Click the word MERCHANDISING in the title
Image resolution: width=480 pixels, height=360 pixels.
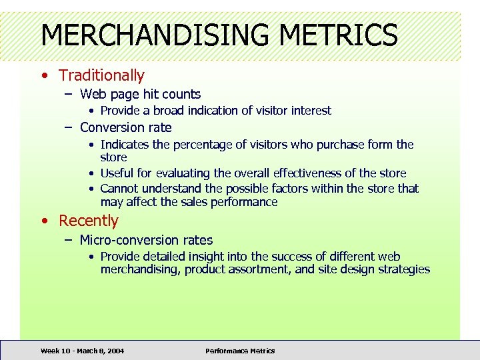click(154, 35)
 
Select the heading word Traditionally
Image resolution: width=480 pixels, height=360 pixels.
click(101, 76)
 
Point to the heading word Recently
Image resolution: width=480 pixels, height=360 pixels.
click(89, 221)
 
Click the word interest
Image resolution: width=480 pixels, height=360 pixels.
click(309, 111)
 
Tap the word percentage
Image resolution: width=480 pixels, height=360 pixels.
click(207, 145)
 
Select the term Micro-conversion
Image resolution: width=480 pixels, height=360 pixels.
click(125, 240)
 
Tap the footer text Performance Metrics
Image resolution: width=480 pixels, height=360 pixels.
click(240, 351)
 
